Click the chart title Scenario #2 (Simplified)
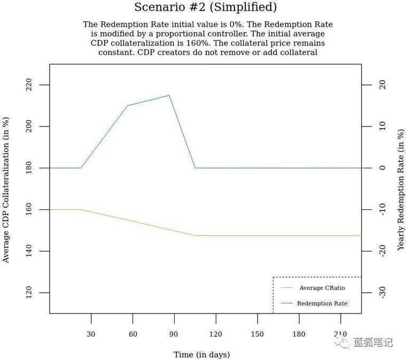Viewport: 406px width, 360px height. [x=205, y=7]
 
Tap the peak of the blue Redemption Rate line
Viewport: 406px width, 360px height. [x=169, y=95]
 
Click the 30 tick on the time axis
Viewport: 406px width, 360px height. [x=91, y=334]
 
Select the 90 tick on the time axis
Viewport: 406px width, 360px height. [x=174, y=334]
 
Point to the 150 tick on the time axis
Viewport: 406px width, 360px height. [x=257, y=334]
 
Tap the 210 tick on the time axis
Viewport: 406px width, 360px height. [x=341, y=334]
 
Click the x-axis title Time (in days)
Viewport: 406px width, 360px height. [x=201, y=354]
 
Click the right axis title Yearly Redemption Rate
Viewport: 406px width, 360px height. [x=401, y=189]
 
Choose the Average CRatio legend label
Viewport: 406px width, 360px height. [x=322, y=288]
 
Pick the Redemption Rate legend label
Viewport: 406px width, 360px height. [x=322, y=303]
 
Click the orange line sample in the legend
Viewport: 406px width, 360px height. [x=287, y=288]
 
